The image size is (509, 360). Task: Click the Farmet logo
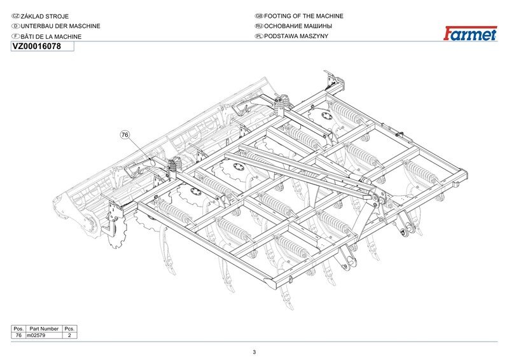click(x=470, y=34)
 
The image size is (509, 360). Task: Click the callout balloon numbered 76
click(x=125, y=134)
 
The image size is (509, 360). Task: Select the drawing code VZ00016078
click(x=36, y=46)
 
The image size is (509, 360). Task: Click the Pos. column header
click(x=18, y=329)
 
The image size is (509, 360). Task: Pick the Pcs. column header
click(x=69, y=329)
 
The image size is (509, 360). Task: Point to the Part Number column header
click(x=44, y=329)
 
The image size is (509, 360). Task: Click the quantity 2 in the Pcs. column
click(x=69, y=335)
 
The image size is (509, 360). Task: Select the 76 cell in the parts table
click(x=18, y=335)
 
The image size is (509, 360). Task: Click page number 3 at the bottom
click(x=254, y=352)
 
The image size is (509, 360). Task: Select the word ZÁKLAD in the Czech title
click(x=32, y=17)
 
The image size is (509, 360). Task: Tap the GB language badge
click(x=259, y=16)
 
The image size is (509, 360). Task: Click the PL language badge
click(x=259, y=36)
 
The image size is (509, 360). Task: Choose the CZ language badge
click(x=15, y=17)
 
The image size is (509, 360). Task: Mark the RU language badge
click(x=259, y=26)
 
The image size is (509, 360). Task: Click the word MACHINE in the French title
click(x=67, y=37)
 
